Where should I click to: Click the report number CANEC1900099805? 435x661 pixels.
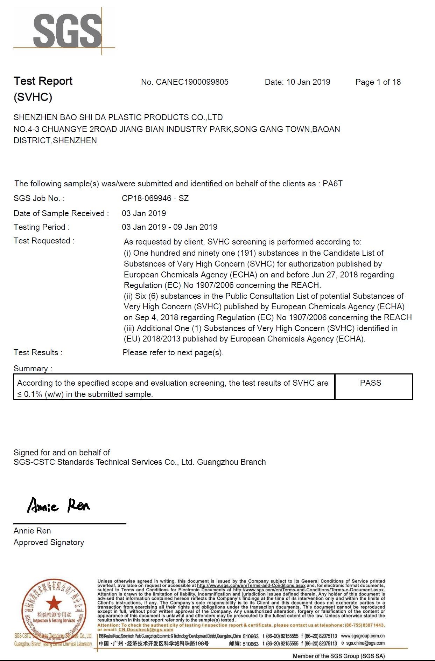(x=192, y=82)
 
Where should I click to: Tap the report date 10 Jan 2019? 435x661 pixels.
(x=308, y=82)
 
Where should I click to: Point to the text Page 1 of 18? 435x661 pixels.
(x=378, y=82)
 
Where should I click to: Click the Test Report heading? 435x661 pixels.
(x=43, y=81)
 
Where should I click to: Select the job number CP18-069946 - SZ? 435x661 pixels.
(x=155, y=198)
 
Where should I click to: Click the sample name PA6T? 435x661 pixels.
(x=332, y=184)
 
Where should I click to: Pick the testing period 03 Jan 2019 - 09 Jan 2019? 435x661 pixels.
(x=169, y=227)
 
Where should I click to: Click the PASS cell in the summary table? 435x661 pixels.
(x=370, y=383)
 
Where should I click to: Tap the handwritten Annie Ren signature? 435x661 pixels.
(x=59, y=505)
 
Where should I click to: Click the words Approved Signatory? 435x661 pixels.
(x=49, y=542)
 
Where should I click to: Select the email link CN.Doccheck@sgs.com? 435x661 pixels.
(x=146, y=629)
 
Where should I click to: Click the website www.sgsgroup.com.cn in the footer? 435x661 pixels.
(x=363, y=636)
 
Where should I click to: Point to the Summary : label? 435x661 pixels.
(x=33, y=369)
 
